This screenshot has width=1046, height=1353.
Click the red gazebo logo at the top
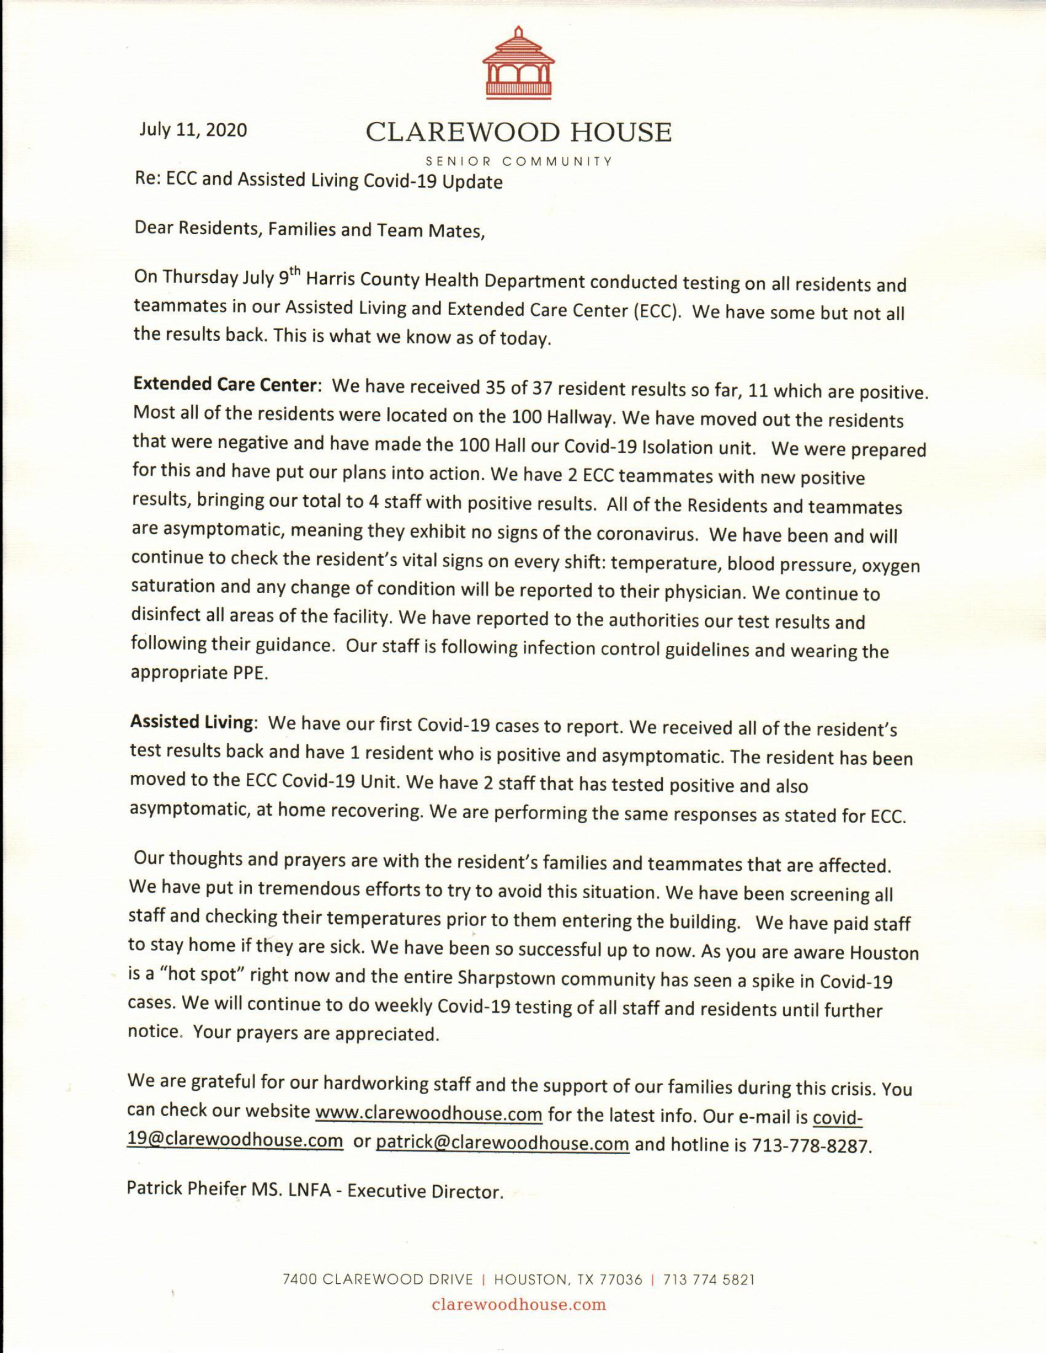click(x=518, y=63)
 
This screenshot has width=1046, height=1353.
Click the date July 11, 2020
click(x=193, y=130)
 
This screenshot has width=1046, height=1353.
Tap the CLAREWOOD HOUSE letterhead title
click(x=518, y=132)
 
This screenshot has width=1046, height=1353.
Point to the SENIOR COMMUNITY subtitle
click(x=518, y=162)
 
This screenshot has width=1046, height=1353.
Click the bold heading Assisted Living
click(x=192, y=722)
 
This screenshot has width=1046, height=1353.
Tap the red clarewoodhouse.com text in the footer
click(x=518, y=1305)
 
